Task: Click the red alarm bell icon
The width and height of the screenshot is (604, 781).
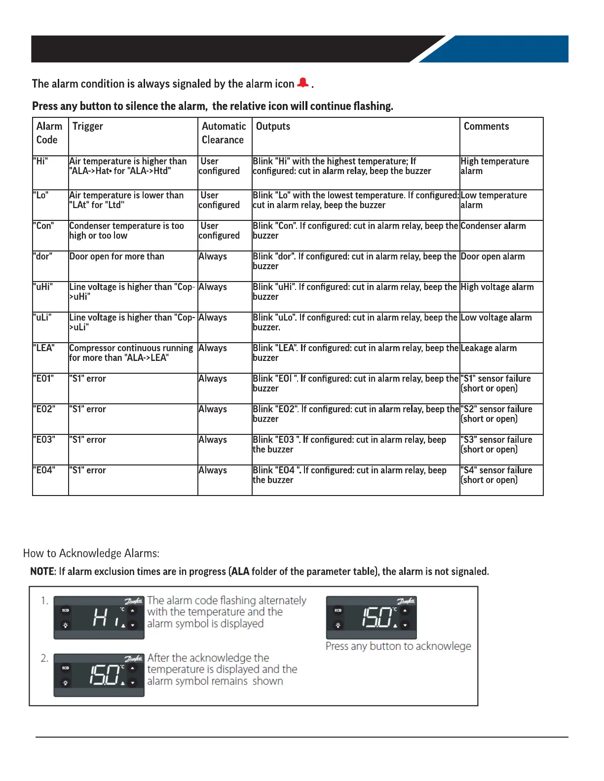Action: point(303,83)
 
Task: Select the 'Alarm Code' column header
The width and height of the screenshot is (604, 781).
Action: point(49,133)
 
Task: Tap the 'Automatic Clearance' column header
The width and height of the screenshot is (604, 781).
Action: point(224,133)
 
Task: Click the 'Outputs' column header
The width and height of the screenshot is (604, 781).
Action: point(273,126)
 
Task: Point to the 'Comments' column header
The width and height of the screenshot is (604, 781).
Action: point(486,126)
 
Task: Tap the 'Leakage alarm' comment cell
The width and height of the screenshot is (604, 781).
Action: point(489,348)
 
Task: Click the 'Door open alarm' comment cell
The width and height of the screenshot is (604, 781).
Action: point(492,256)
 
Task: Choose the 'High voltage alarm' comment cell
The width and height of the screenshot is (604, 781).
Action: point(497,287)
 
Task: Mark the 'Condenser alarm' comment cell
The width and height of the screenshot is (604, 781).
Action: point(493,226)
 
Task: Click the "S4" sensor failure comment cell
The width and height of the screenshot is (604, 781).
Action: point(496,475)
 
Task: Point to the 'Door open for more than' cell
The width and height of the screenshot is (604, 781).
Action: point(117,256)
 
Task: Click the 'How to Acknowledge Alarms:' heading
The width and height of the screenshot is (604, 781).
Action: point(91,553)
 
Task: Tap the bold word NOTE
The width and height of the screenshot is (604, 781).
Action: point(42,571)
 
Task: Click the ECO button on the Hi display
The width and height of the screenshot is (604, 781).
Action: point(65,610)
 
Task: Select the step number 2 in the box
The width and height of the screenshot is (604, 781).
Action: point(44,658)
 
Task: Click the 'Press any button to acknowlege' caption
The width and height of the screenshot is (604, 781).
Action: point(398,646)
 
